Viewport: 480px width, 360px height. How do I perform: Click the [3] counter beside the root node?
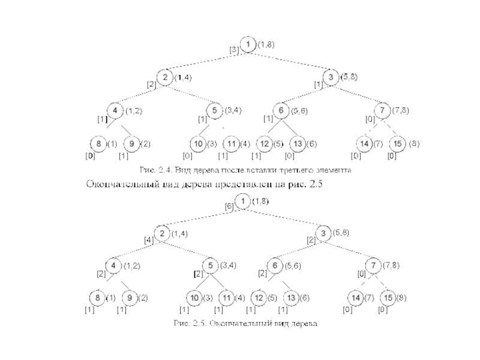pos(233,50)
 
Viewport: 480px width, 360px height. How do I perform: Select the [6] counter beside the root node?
pos(229,206)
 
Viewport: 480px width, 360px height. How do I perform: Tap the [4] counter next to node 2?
pos(148,239)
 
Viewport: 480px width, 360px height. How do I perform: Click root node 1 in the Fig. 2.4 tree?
pos(248,44)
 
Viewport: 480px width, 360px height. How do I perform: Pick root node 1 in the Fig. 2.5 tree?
pos(242,202)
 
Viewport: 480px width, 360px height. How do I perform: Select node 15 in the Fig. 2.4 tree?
pos(396,144)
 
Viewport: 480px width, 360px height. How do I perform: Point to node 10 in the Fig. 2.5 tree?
pos(194,298)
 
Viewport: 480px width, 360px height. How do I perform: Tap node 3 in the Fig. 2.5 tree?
pos(323,233)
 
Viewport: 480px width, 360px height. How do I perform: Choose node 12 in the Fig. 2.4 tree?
pos(264,144)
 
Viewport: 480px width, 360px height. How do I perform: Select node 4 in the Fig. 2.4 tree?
pos(114,111)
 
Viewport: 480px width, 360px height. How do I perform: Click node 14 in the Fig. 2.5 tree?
pos(356,298)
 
